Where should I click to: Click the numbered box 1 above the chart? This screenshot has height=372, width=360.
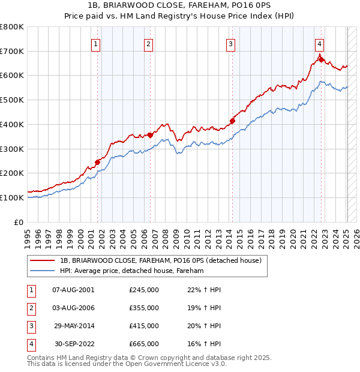97,43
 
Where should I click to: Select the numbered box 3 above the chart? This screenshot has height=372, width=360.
230,43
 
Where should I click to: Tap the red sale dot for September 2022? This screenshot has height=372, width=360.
321,59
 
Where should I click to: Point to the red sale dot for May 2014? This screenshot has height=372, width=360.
232,121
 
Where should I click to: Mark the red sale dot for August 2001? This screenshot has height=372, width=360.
97,162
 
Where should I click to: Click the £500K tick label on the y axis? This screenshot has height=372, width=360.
11,100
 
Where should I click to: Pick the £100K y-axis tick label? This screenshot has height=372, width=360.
11,197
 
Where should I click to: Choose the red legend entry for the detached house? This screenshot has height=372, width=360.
160,261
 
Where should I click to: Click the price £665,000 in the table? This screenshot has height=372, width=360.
144,344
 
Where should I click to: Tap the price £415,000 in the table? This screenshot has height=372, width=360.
144,326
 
